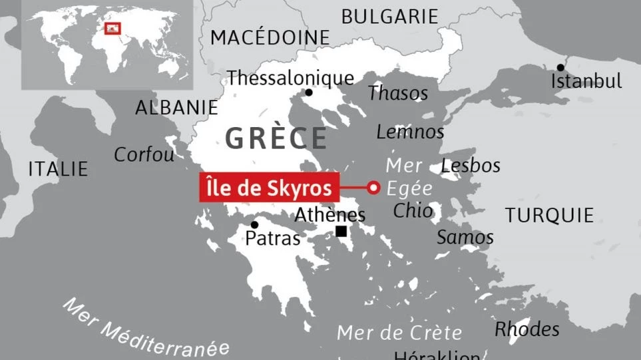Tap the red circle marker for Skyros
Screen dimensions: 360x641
pyautogui.click(x=373, y=188)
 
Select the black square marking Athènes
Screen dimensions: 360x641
pyautogui.click(x=341, y=232)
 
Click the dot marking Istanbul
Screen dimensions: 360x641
pyautogui.click(x=560, y=67)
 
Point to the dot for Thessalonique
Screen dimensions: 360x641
pyautogui.click(x=308, y=93)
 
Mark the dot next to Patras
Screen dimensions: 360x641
pyautogui.click(x=254, y=225)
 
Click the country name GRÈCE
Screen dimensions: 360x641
pyautogui.click(x=276, y=138)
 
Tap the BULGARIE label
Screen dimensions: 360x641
pyautogui.click(x=389, y=17)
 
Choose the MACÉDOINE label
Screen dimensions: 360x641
pyautogui.click(x=270, y=38)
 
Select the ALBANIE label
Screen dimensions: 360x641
pyautogui.click(x=176, y=107)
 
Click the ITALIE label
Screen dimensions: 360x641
pyautogui.click(x=58, y=169)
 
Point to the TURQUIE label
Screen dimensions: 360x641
pyautogui.click(x=549, y=215)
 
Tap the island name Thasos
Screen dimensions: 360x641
pyautogui.click(x=398, y=93)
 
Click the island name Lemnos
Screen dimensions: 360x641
pyautogui.click(x=410, y=132)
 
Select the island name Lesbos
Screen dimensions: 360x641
pyautogui.click(x=471, y=166)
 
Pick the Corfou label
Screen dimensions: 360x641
pyautogui.click(x=144, y=154)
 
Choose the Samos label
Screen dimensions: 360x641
pyautogui.click(x=465, y=237)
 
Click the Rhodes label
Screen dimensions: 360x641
pyautogui.click(x=527, y=329)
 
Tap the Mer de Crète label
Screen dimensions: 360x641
pyautogui.click(x=399, y=332)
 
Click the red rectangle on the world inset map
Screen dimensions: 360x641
pyautogui.click(x=113, y=28)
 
